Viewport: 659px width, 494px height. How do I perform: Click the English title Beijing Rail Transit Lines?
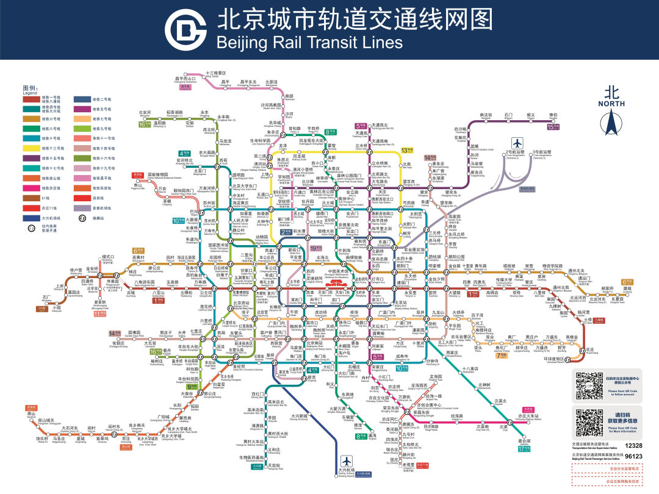pyautogui.click(x=310, y=42)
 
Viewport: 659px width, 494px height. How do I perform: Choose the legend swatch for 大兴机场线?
pyautogui.click(x=31, y=217)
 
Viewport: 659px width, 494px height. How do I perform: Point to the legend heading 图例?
pyautogui.click(x=31, y=88)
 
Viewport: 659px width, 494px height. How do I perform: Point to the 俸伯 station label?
pyautogui.click(x=553, y=115)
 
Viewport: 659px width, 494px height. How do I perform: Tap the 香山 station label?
pyautogui.click(x=138, y=185)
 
